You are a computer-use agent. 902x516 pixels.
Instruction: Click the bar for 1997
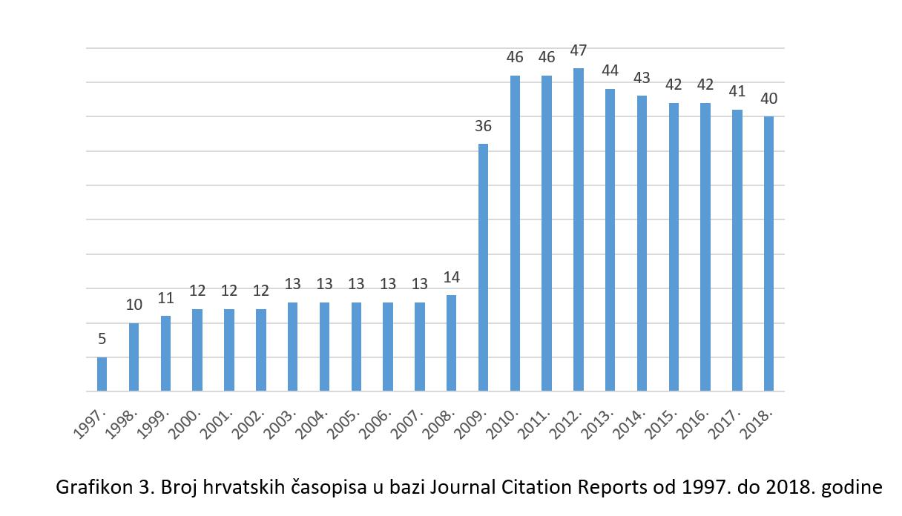point(102,374)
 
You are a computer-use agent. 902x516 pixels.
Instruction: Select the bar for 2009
point(483,267)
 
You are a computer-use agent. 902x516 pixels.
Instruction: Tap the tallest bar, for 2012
point(579,229)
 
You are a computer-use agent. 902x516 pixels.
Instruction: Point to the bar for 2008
point(451,343)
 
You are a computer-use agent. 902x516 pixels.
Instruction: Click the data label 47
point(579,50)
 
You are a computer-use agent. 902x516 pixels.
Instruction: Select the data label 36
point(483,126)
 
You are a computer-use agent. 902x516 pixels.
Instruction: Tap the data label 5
point(102,340)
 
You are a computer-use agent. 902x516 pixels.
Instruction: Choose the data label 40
point(768,99)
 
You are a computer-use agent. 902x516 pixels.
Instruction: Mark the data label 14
point(451,278)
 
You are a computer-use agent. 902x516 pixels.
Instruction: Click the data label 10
point(134,305)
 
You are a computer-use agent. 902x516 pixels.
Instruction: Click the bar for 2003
point(292,346)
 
